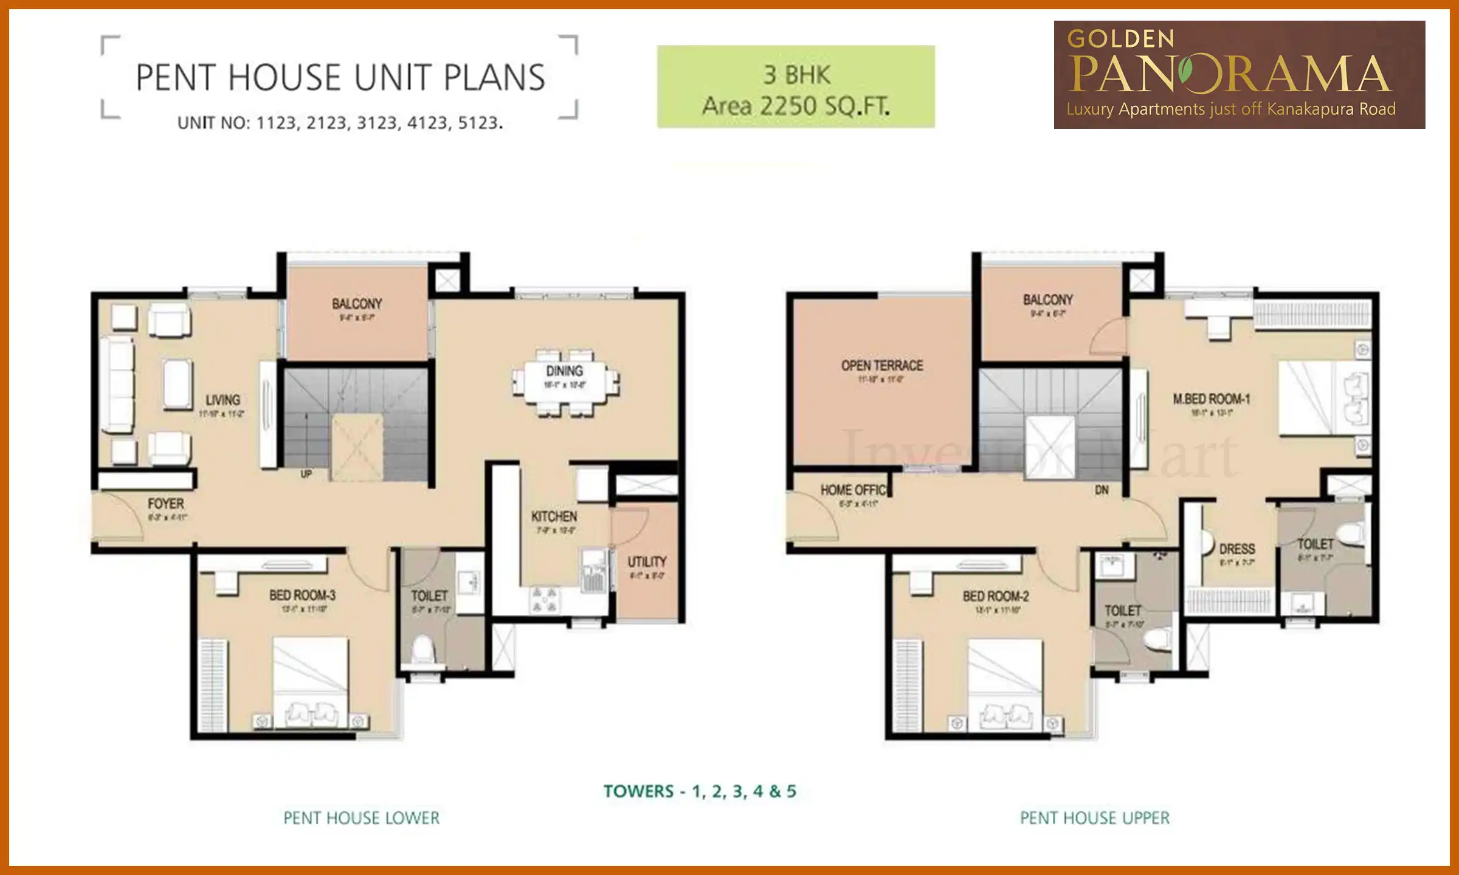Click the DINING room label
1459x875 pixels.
coord(564,371)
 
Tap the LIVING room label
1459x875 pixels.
coord(222,400)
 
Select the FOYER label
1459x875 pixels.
coord(165,504)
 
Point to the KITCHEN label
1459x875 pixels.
coord(554,516)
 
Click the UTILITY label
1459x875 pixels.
coord(647,562)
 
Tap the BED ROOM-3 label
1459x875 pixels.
coord(302,595)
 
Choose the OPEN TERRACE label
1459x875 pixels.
coord(881,366)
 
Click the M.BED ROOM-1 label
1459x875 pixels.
coord(1211,399)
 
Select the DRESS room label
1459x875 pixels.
coord(1237,549)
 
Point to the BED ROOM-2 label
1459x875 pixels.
coord(995,597)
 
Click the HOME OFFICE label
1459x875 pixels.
coord(854,490)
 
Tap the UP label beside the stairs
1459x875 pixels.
coord(306,474)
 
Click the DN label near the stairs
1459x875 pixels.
coord(1102,490)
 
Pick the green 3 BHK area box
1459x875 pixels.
coord(795,87)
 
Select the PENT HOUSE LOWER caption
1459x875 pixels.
coord(361,818)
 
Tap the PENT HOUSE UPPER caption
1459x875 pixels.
coord(1094,818)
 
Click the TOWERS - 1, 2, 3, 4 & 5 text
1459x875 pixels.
coord(699,791)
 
